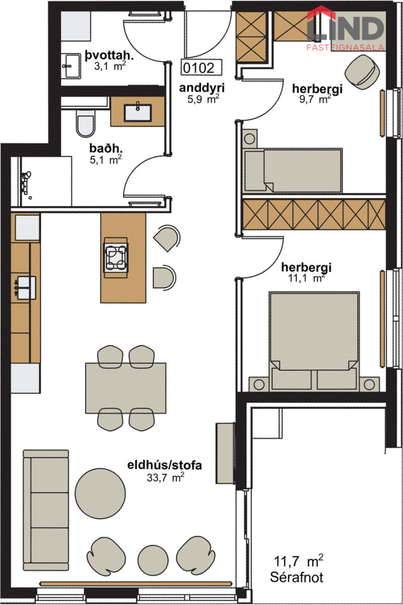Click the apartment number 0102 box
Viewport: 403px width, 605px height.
point(201,67)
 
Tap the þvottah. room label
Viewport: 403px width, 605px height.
point(109,55)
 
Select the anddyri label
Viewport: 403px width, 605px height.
point(202,88)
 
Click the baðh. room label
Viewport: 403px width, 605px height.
point(106,148)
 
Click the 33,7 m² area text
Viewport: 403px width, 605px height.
point(165,477)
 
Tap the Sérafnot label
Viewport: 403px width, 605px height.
point(297,576)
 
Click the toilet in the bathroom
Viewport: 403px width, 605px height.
point(85,123)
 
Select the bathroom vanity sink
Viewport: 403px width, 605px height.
point(138,112)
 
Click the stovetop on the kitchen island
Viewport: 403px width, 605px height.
point(116,258)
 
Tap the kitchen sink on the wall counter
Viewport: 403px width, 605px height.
point(25,288)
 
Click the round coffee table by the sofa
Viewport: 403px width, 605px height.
point(100,494)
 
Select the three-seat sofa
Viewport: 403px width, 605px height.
point(46,510)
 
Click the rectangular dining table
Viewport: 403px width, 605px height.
point(126,388)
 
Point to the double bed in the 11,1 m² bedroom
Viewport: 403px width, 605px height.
point(314,341)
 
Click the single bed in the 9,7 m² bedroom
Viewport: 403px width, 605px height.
point(293,170)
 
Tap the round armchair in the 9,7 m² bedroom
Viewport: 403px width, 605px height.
point(362,72)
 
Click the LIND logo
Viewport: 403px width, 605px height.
point(346,28)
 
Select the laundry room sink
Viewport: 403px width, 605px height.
point(70,66)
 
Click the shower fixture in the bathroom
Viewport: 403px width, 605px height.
point(26,182)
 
